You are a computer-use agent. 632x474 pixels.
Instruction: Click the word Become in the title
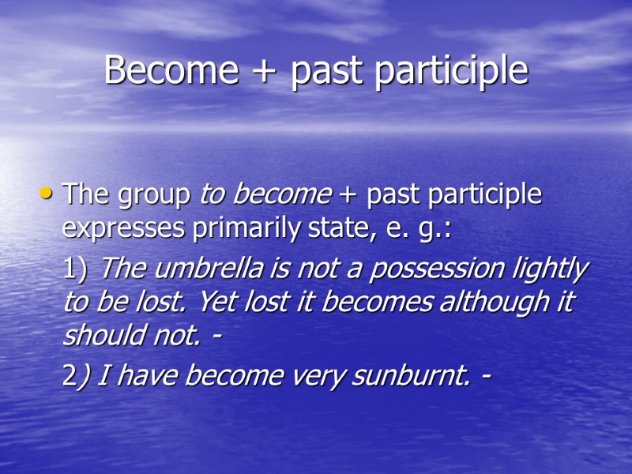coord(171,71)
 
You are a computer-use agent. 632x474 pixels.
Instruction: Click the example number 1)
coord(77,269)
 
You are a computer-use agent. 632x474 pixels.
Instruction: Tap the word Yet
coord(220,302)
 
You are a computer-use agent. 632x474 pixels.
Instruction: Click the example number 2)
coord(76,377)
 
